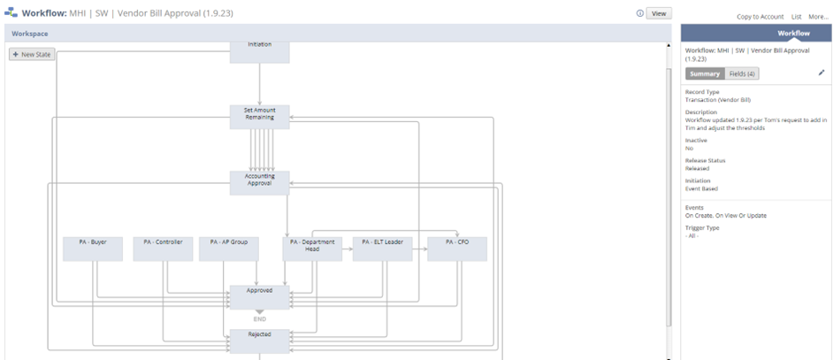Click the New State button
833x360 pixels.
[x=31, y=55]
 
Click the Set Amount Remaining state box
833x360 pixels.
[x=259, y=117]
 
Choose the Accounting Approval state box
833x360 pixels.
[x=259, y=181]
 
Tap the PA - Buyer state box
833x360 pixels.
[x=93, y=249]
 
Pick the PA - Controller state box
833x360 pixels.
[x=163, y=249]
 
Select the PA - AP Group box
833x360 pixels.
[x=228, y=249]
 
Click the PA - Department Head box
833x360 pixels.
[x=311, y=249]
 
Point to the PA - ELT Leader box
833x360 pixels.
[x=383, y=249]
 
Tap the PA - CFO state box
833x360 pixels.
[x=456, y=249]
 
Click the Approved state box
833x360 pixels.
[x=259, y=296]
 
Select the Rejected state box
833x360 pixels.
[x=259, y=341]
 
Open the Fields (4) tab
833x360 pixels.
[x=743, y=74]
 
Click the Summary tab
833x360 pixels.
[x=705, y=74]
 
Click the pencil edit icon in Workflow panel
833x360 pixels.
[x=821, y=73]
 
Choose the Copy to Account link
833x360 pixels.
[x=760, y=17]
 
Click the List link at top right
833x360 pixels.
[x=796, y=17]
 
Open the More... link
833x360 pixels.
[x=818, y=17]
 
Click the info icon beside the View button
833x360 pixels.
[x=639, y=14]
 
